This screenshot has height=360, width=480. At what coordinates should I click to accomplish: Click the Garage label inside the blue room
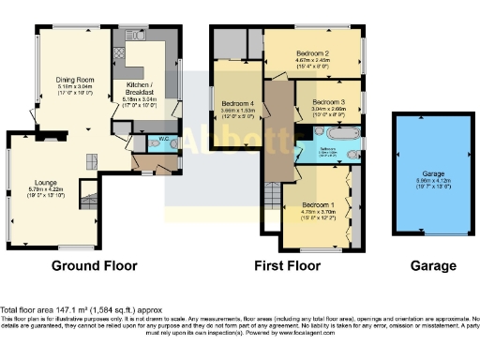coord(432,173)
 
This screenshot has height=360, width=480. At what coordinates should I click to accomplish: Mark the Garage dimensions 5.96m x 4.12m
coord(432,182)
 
